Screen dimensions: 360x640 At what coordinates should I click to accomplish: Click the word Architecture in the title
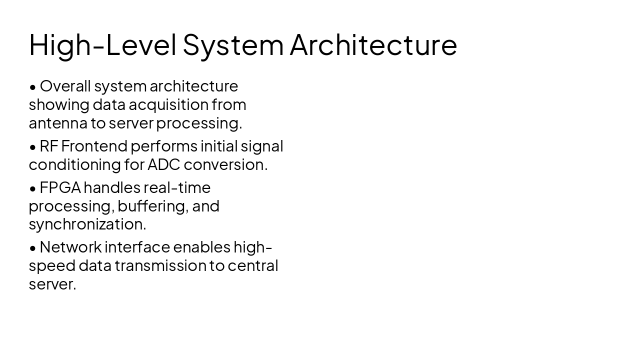coord(373,44)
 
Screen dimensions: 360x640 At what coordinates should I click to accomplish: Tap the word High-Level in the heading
coord(102,44)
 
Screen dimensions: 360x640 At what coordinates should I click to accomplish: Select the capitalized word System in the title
coord(233,44)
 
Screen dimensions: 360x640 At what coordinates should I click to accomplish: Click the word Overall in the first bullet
coord(65,86)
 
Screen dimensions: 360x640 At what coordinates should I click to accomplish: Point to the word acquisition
coord(168,104)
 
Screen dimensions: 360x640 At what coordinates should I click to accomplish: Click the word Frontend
coord(94,146)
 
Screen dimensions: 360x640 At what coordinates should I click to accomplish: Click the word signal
coord(262,146)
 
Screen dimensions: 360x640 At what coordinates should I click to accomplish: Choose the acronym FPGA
coord(60,187)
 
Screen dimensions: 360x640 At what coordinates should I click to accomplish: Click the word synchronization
coord(87,224)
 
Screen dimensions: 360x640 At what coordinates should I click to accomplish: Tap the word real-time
coord(177,187)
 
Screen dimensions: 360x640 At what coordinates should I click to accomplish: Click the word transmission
coord(160,265)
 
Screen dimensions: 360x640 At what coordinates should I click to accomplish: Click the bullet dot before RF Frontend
coord(33,147)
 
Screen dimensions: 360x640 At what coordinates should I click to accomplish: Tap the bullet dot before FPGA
coord(33,188)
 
